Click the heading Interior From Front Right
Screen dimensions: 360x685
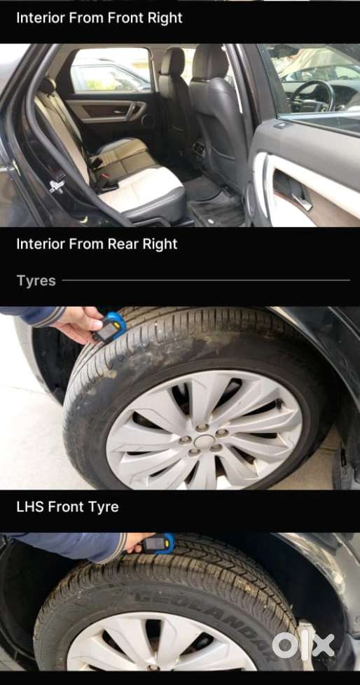(99, 18)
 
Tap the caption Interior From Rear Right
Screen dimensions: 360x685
(97, 244)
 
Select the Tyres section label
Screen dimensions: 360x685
(36, 281)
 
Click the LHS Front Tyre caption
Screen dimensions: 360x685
(67, 507)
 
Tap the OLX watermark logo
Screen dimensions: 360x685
(303, 644)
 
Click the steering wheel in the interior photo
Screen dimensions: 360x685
(312, 95)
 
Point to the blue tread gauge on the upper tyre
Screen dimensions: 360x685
(110, 327)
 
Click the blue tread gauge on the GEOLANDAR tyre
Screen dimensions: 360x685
(159, 544)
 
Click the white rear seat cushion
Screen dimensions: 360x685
(142, 188)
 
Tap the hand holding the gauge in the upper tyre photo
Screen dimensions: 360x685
(78, 324)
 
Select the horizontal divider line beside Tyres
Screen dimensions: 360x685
(206, 280)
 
